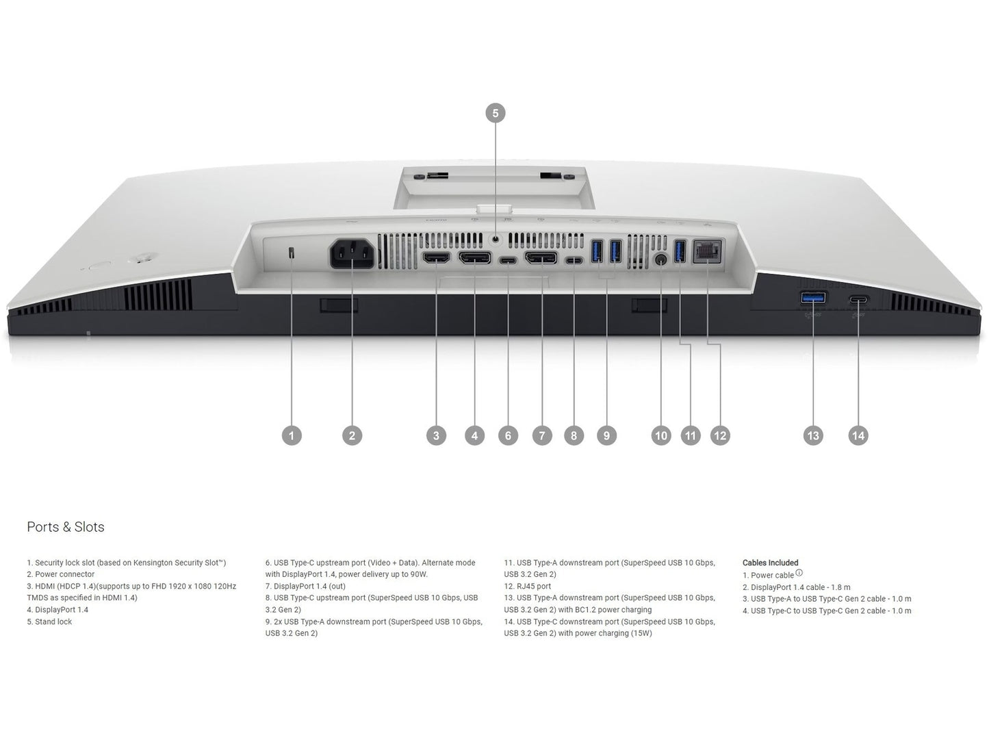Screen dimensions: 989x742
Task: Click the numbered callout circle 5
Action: [x=495, y=113]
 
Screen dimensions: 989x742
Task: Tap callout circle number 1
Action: [x=292, y=435]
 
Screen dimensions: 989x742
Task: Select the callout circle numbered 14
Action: [x=858, y=435]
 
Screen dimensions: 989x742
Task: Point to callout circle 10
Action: [x=661, y=435]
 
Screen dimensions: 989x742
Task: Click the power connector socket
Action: [x=352, y=254]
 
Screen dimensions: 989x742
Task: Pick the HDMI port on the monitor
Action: [x=436, y=258]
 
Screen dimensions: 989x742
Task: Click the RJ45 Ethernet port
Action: [x=707, y=251]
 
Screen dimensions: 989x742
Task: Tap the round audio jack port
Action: [x=661, y=259]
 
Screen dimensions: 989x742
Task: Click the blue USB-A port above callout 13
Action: [x=813, y=298]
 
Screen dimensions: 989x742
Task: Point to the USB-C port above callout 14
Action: [x=859, y=299]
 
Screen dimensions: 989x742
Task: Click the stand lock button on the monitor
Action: [x=496, y=239]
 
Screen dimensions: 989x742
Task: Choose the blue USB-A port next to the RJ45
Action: [x=680, y=251]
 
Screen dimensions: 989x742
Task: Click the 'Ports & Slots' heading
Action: [x=66, y=526]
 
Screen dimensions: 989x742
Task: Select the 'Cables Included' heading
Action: [x=770, y=563]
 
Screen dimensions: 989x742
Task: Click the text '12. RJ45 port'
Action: [x=527, y=586]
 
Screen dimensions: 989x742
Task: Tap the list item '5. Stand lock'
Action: [x=49, y=622]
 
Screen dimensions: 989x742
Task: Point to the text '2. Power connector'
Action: [x=61, y=574]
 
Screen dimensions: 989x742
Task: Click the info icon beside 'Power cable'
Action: [x=799, y=573]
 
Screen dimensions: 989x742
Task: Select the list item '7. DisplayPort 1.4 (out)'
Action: [x=305, y=586]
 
